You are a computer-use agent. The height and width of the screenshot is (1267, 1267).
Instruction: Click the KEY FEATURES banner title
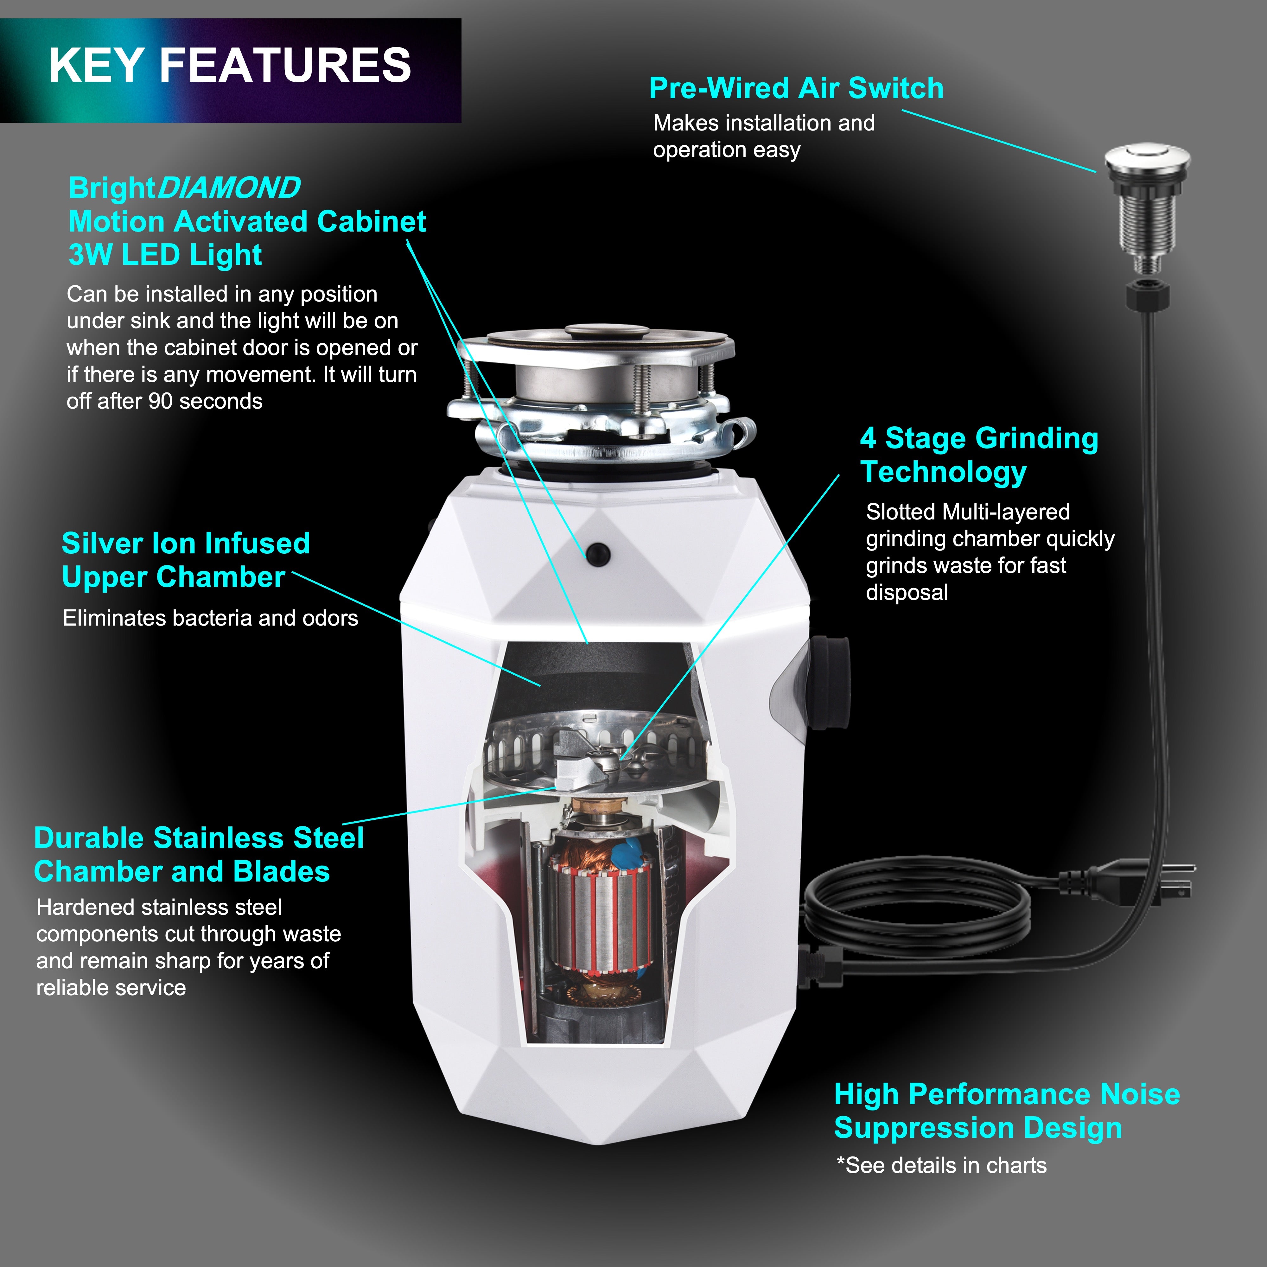tap(230, 66)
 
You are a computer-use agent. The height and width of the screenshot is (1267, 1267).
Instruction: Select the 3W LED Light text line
tap(165, 255)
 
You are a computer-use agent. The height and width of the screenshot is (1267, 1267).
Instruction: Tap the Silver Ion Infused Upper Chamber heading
tap(186, 559)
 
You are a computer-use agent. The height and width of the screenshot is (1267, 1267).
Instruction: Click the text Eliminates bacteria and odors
tap(210, 618)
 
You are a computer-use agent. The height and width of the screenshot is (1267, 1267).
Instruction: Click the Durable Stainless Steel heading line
tap(199, 838)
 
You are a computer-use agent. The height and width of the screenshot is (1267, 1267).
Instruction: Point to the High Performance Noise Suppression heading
tap(1007, 1111)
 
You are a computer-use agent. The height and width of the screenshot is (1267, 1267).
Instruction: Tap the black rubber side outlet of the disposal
tap(830, 682)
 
